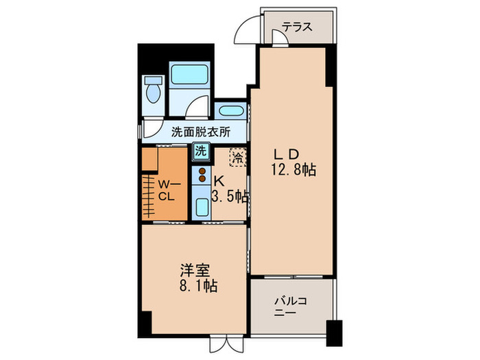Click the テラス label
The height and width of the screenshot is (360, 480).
tap(298, 27)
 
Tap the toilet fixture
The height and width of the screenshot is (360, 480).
tap(153, 91)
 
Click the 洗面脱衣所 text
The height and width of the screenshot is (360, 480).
tap(200, 132)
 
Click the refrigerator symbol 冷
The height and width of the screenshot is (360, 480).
tap(237, 157)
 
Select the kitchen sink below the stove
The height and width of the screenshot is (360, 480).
tap(202, 206)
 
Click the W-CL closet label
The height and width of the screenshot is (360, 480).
tap(169, 189)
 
